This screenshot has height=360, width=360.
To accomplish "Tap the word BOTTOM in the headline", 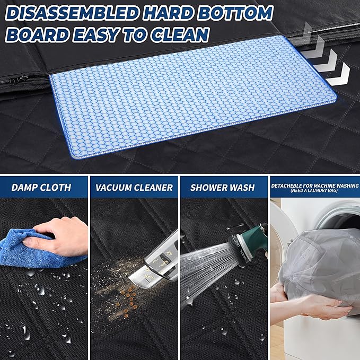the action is tap(235, 13).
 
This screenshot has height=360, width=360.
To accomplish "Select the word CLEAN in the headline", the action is tap(180, 34).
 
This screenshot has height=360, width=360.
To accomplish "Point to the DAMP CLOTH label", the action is tap(41, 188).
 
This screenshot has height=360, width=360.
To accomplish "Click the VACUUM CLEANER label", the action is tap(134, 188).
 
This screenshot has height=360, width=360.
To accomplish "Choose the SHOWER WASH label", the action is tap(223, 188).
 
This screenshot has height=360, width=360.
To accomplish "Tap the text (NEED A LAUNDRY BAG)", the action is tap(314, 190).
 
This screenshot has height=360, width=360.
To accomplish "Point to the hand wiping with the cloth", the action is tap(57, 236).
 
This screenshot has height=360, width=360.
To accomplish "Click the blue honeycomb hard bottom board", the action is tap(193, 96).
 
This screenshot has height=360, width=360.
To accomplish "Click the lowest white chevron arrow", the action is tap(338, 75).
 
